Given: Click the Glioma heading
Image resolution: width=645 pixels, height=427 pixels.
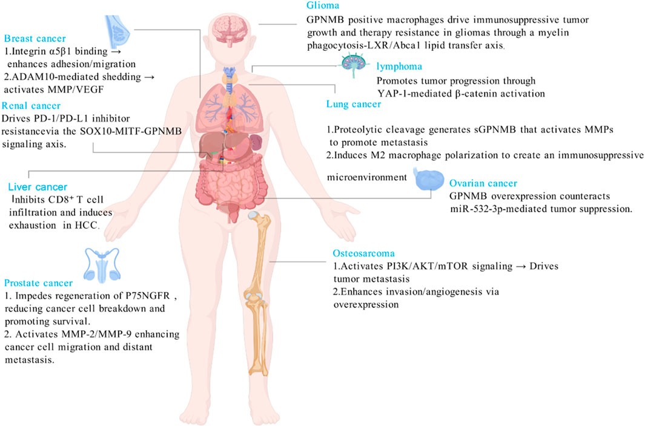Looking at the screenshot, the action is pos(322,7).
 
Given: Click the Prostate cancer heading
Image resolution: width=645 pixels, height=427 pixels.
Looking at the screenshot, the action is pos(38,282).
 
